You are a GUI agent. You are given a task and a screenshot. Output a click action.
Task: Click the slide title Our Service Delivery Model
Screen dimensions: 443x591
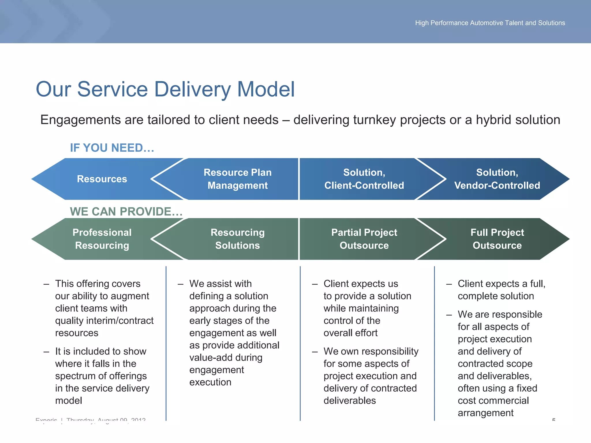[165, 89]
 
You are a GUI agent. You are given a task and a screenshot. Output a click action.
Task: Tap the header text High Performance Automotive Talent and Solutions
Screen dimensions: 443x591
[490, 23]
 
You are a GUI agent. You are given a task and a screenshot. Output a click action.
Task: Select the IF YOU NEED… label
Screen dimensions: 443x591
[112, 148]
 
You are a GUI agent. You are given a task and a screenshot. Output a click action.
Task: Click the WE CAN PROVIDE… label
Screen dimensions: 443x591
[126, 211]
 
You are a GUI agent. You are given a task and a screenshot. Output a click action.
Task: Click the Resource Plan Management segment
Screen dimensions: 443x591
[237, 179]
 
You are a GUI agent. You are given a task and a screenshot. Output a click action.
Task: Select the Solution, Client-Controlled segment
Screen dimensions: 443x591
[364, 179]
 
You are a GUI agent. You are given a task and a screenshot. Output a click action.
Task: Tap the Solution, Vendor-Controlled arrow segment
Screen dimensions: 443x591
[497, 179]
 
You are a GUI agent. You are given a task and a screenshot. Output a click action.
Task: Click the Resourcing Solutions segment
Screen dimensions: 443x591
[237, 239]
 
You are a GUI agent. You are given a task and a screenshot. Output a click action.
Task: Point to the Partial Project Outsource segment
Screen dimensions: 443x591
[364, 239]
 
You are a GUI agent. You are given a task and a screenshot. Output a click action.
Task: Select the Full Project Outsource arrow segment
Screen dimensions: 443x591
[497, 239]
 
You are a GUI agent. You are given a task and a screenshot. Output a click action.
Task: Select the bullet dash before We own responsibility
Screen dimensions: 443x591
[315, 352]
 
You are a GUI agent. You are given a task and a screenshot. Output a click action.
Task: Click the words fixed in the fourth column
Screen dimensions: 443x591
[527, 388]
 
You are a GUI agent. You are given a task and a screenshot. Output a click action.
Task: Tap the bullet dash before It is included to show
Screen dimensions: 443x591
[46, 352]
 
